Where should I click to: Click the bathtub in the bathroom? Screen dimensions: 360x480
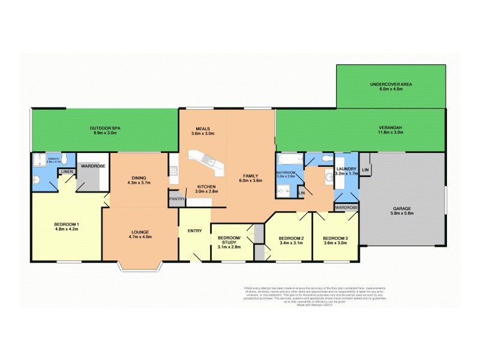[289, 160]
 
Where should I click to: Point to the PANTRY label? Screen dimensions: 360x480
[177, 199]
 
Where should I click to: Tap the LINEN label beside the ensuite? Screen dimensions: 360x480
[66, 173]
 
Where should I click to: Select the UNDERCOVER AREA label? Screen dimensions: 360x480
[391, 84]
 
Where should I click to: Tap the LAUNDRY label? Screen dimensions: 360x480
[347, 169]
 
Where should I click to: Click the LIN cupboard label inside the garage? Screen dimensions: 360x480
[365, 170]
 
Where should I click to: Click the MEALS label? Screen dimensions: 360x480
[202, 128]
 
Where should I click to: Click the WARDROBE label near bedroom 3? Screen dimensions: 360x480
[346, 208]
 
